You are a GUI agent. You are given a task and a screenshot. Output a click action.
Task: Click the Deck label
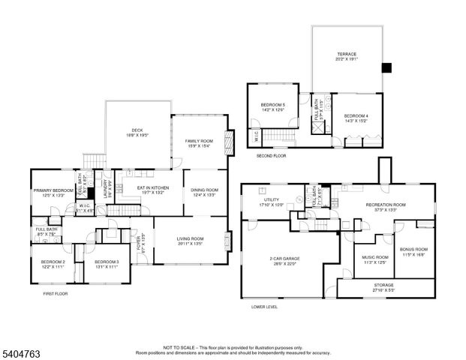[x=137, y=130]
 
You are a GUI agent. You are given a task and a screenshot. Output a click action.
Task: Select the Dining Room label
[x=203, y=190]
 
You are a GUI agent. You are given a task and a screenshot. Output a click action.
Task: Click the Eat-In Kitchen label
[x=152, y=190]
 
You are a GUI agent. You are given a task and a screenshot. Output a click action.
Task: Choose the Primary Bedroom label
[x=53, y=190]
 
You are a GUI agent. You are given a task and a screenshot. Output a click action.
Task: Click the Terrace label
[x=346, y=54]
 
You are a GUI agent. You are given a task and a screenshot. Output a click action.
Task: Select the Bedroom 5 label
[x=272, y=104]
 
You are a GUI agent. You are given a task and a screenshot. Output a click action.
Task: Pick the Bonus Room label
[x=413, y=250]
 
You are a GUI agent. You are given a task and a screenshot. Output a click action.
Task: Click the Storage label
[x=383, y=285]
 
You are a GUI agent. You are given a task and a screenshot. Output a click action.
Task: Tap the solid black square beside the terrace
[x=386, y=67]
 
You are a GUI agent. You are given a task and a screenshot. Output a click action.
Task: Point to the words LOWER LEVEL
[x=264, y=307]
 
